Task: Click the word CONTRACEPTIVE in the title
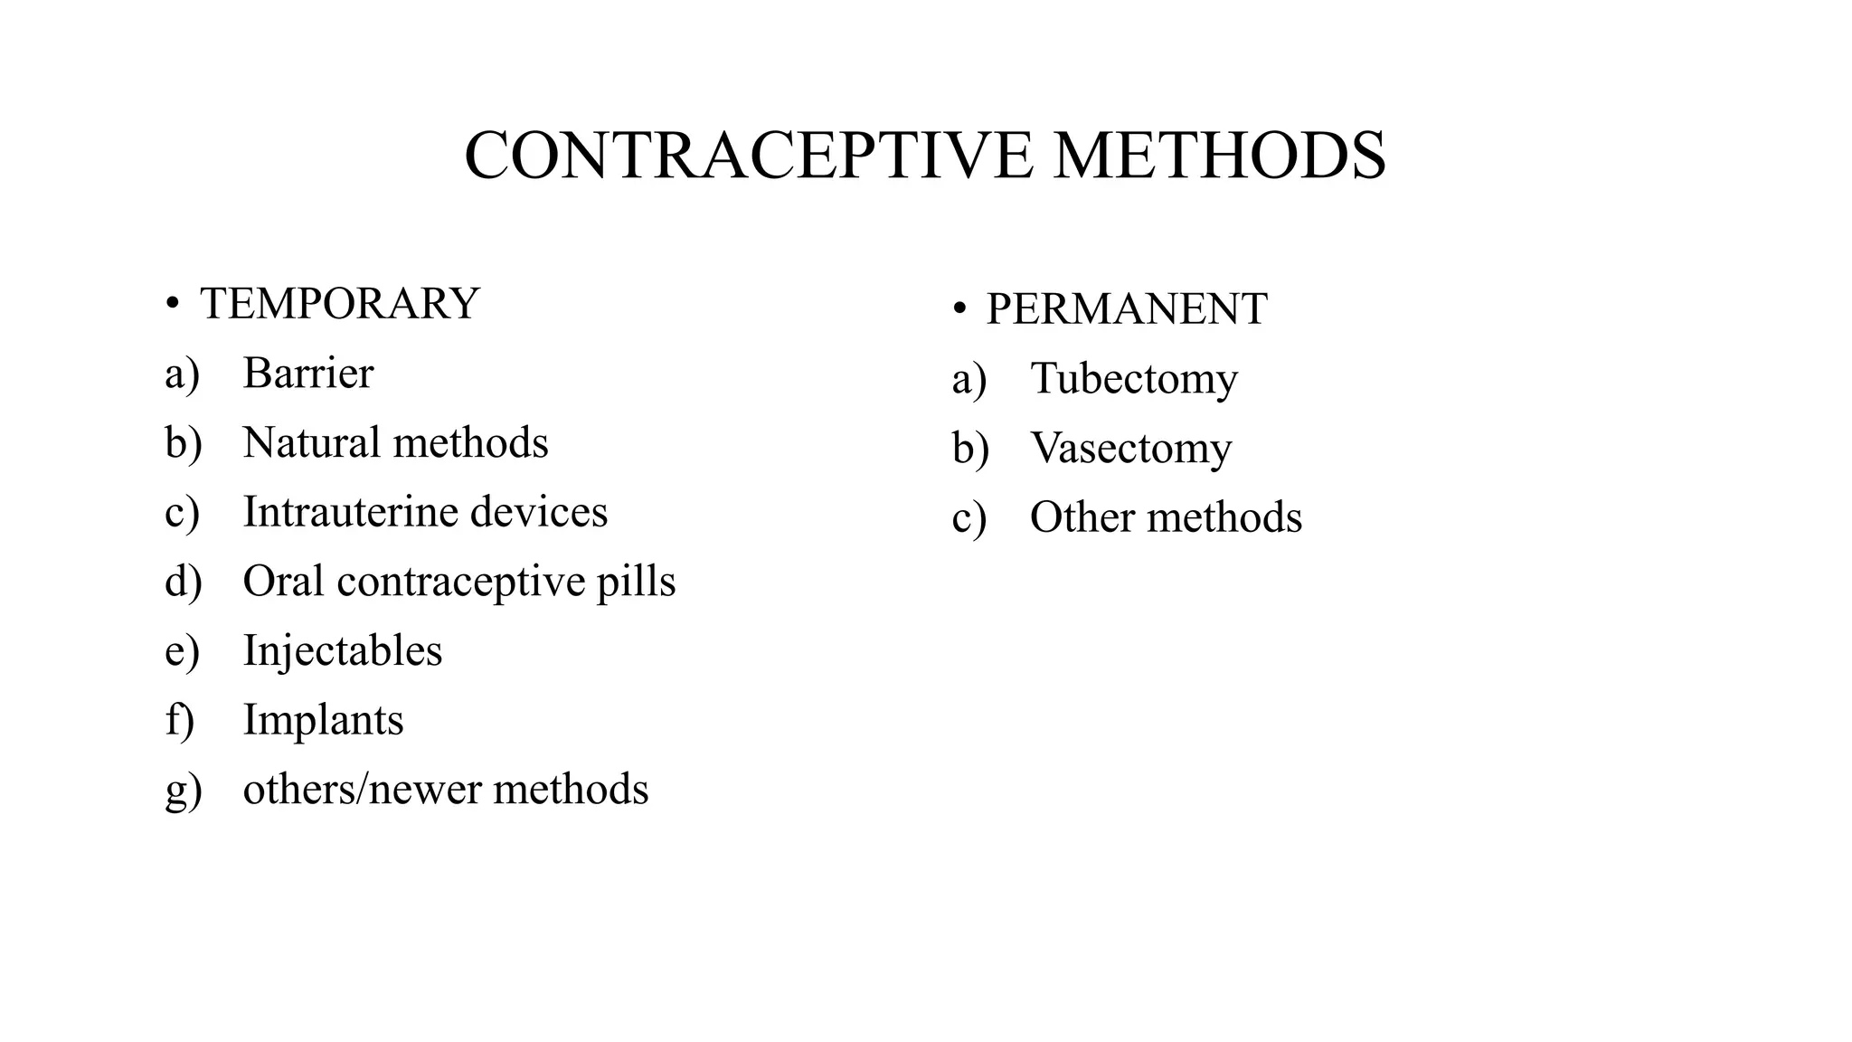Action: coord(748,156)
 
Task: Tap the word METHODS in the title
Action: coord(1219,156)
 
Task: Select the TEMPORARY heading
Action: coord(339,304)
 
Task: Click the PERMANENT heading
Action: coord(1126,309)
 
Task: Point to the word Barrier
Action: coord(307,374)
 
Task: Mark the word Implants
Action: coord(323,721)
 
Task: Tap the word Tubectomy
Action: coord(1134,379)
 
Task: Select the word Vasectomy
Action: coord(1130,449)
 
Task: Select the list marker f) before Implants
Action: coord(179,721)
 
